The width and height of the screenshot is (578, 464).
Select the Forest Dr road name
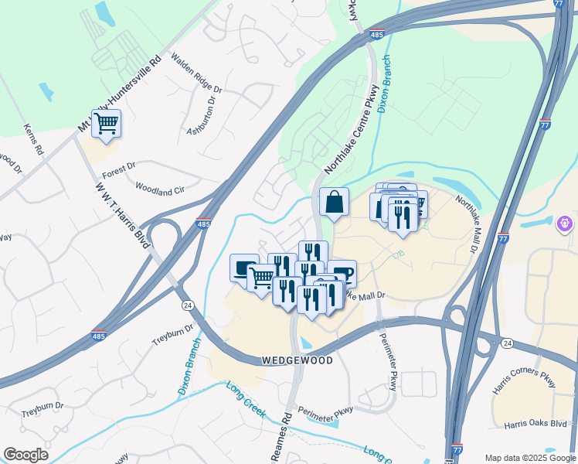coord(118,165)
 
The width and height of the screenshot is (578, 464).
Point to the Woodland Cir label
coord(160,188)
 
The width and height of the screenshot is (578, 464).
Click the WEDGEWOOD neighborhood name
coord(297,361)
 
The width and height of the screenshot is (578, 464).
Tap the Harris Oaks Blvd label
coord(535,424)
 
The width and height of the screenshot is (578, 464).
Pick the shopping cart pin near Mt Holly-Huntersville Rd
coord(106,123)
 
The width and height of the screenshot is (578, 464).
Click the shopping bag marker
coord(334,203)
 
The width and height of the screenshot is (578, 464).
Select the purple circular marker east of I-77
coord(566,224)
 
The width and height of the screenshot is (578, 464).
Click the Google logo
coord(25,455)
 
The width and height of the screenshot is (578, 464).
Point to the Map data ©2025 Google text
coord(530,458)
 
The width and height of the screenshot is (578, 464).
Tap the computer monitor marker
coord(244,268)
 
